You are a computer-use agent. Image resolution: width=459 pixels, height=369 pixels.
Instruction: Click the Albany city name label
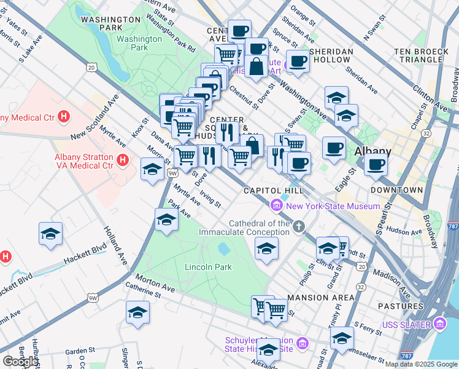[x=372, y=152]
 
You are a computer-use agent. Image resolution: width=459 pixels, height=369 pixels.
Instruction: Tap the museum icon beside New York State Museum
[x=277, y=205]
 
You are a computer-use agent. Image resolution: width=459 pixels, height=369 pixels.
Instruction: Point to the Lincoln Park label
[x=209, y=267]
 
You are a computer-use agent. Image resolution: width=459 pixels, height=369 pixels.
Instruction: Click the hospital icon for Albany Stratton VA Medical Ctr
[x=123, y=161]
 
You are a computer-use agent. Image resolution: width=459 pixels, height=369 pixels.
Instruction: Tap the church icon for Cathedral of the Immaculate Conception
[x=298, y=227]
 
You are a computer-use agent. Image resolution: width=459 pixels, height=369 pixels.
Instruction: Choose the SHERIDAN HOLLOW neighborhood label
[x=331, y=55]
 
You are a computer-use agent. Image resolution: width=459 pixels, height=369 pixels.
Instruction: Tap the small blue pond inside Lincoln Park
[x=224, y=249]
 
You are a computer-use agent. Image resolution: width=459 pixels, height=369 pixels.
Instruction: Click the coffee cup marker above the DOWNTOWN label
[x=376, y=164]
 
